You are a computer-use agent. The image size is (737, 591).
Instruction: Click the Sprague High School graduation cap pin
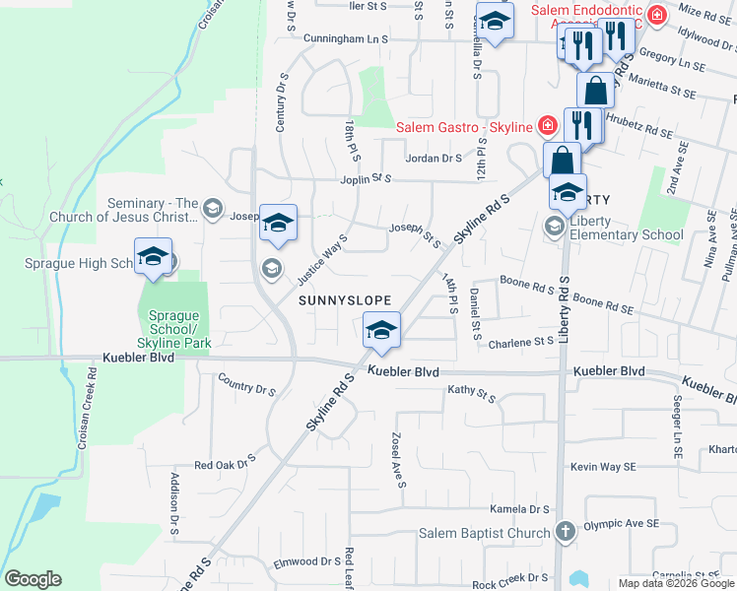(x=153, y=258)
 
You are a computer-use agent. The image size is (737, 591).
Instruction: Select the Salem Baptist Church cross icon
(x=565, y=533)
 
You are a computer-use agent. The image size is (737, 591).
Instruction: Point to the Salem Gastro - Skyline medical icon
(x=547, y=126)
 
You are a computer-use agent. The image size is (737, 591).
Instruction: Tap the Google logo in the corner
(x=33, y=579)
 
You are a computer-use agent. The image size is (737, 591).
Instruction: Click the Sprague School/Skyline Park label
(x=173, y=328)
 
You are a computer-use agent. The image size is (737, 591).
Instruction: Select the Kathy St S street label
(x=471, y=392)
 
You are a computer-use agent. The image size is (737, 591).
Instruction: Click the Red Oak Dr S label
(x=225, y=461)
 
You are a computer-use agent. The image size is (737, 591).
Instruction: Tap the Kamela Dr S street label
(x=519, y=509)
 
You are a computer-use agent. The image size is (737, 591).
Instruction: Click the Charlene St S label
(x=521, y=341)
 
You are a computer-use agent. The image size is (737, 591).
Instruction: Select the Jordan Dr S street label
(x=434, y=158)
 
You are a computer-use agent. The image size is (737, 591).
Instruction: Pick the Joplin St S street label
(x=361, y=179)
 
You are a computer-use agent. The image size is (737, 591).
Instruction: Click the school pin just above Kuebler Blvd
(x=381, y=331)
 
